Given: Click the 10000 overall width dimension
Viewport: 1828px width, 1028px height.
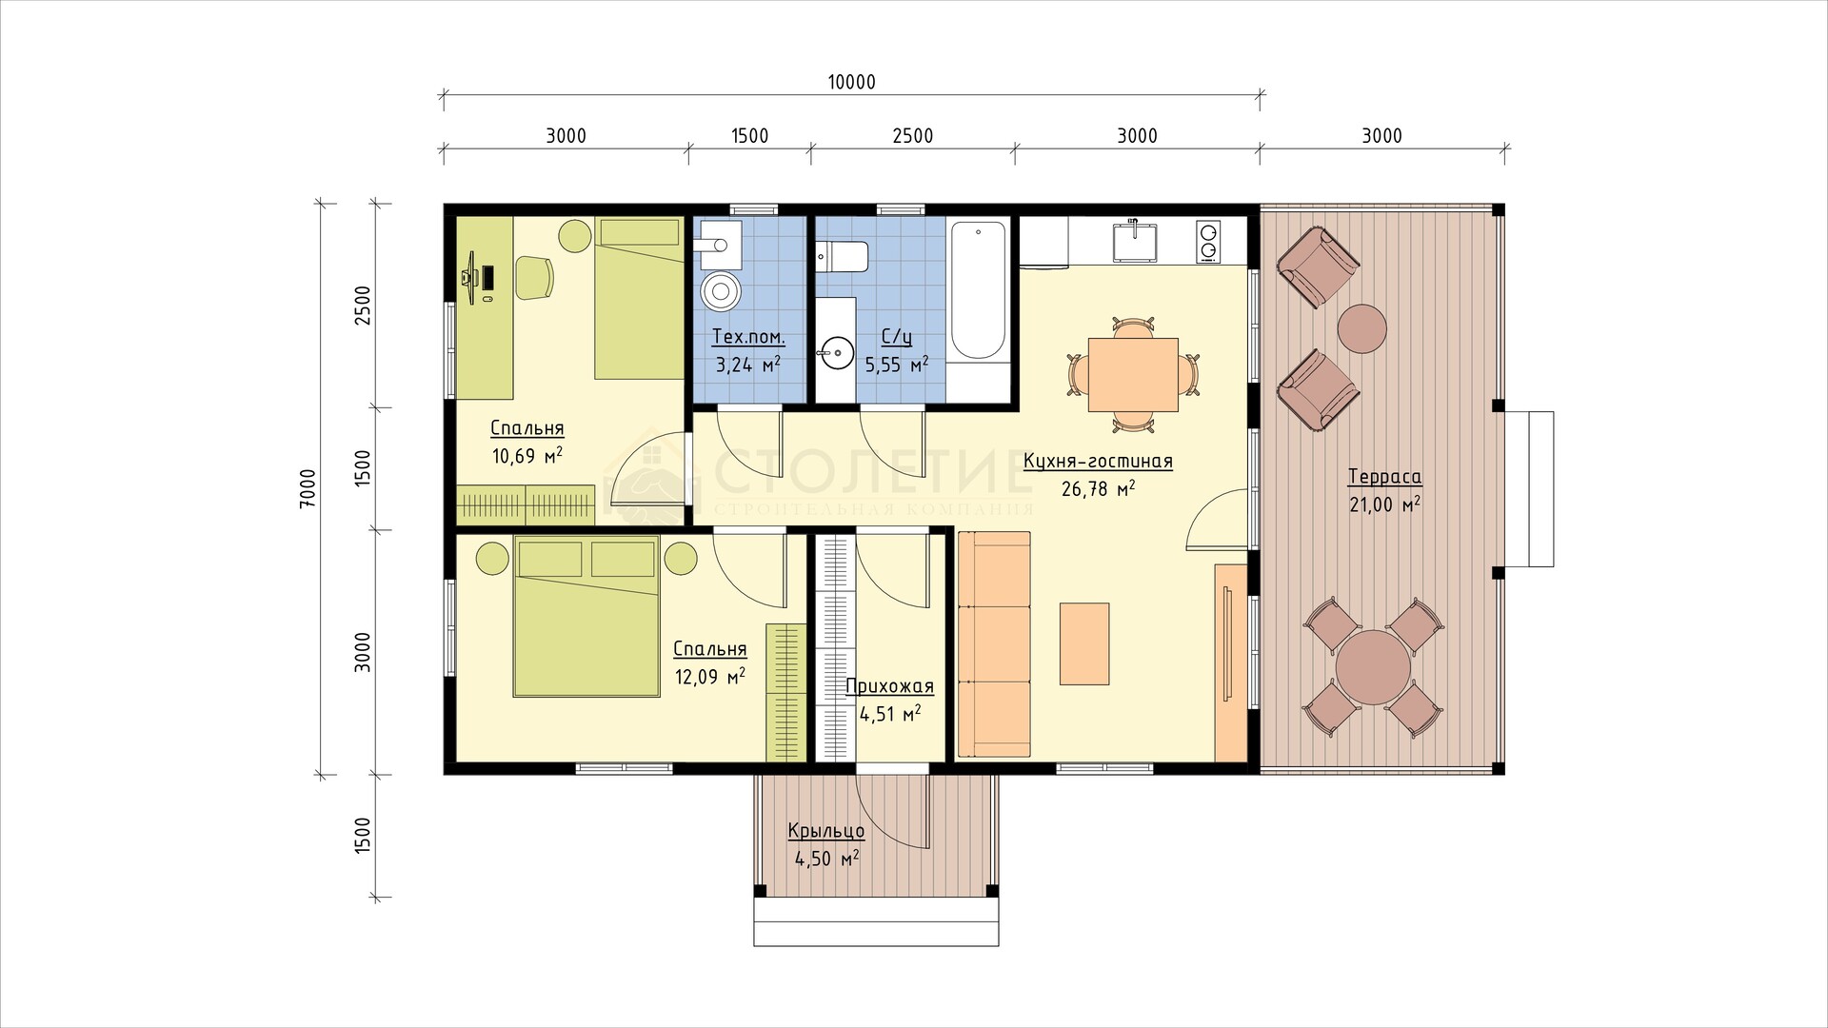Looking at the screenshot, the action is tap(851, 82).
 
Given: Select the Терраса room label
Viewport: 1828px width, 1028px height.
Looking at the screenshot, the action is tap(1384, 477).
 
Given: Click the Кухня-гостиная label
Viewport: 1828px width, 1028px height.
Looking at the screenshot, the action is tap(1098, 462).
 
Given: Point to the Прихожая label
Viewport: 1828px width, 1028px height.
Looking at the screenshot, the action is tap(890, 686).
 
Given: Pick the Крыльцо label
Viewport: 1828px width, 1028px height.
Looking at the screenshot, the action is tap(825, 831).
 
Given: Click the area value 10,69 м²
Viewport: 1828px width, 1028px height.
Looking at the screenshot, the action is tap(527, 455).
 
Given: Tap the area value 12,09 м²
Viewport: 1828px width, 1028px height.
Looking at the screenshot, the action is tap(709, 677).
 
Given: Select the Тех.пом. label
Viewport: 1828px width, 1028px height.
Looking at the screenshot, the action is tap(749, 338).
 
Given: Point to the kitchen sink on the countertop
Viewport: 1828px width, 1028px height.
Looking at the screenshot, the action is tap(1136, 242).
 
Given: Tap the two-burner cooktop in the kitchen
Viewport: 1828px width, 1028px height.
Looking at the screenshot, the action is tap(1208, 240).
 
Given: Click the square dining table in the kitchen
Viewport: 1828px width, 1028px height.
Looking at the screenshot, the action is tap(1132, 374).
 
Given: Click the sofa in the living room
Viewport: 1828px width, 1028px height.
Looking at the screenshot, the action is tap(994, 644).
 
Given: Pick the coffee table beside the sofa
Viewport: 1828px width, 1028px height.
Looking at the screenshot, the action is tap(1084, 643).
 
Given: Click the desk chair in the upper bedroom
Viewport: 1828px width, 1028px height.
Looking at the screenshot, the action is tap(534, 277).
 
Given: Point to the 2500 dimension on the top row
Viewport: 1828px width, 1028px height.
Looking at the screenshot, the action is tap(912, 136).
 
